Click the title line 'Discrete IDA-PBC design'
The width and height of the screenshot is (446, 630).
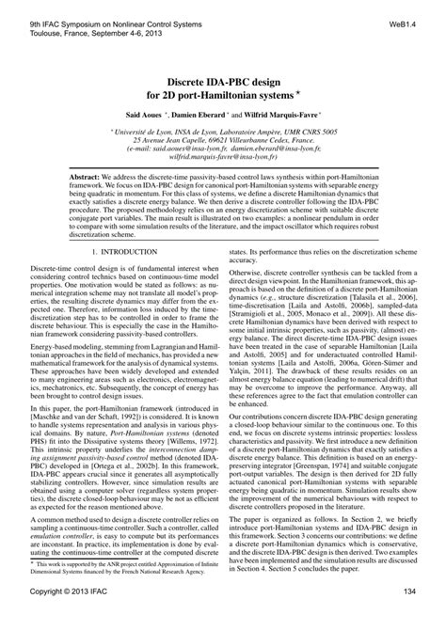pos(222,80)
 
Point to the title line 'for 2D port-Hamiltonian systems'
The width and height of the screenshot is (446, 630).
pos(222,94)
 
